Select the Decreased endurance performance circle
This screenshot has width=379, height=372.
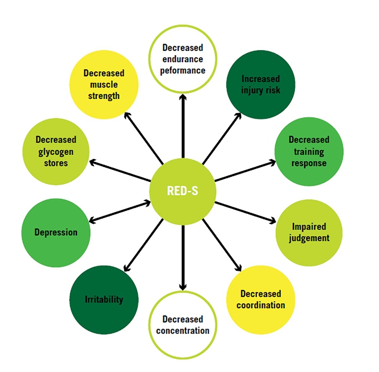[183, 59]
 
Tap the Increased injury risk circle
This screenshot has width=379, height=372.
[260, 85]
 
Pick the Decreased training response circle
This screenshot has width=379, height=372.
[309, 151]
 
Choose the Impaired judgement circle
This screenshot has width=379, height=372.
[309, 232]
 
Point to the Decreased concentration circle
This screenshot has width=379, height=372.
[183, 325]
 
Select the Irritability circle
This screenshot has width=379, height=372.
[104, 300]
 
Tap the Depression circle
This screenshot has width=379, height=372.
[56, 232]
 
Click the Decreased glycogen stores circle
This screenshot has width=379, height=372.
[56, 151]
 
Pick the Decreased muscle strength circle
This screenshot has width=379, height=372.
[104, 85]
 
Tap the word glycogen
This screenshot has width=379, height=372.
[56, 151]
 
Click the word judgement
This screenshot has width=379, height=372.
[309, 238]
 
